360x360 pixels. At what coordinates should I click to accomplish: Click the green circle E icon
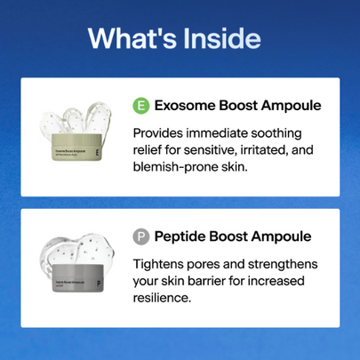pyautogui.click(x=140, y=106)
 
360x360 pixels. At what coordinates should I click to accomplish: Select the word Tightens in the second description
pyautogui.click(x=160, y=265)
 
